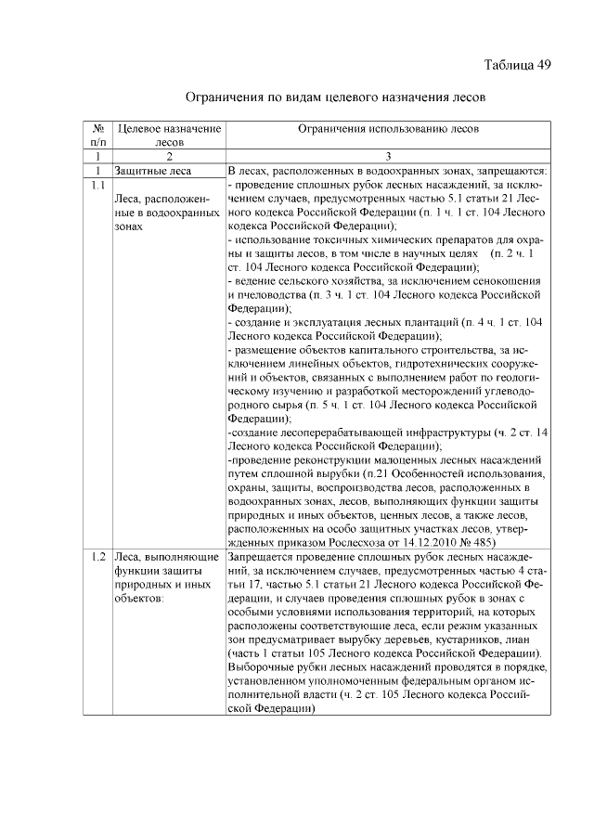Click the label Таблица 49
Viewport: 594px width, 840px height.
pyautogui.click(x=518, y=65)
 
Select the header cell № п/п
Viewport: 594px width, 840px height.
pyautogui.click(x=97, y=136)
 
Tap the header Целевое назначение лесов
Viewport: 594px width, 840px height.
pyautogui.click(x=169, y=136)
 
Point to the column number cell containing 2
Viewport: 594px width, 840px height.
pyautogui.click(x=169, y=157)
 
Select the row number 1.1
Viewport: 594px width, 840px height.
pyautogui.click(x=97, y=186)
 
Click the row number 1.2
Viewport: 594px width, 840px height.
pyautogui.click(x=97, y=558)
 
